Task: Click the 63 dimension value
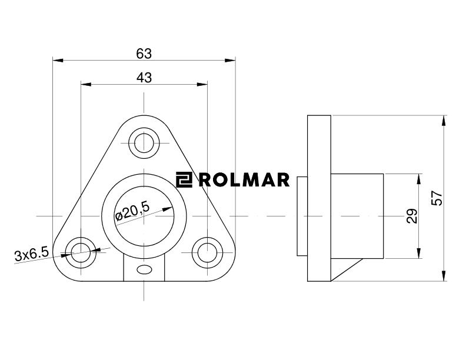[144, 54]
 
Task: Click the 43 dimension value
[144, 78]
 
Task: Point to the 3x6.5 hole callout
[31, 255]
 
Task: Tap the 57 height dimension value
[437, 198]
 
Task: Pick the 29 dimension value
[412, 216]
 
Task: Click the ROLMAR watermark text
[244, 179]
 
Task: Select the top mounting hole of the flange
[143, 142]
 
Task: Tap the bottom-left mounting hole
[79, 252]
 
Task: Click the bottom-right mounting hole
[207, 252]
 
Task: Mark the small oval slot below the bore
[143, 269]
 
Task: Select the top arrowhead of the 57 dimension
[443, 119]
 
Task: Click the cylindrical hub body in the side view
[357, 216]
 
